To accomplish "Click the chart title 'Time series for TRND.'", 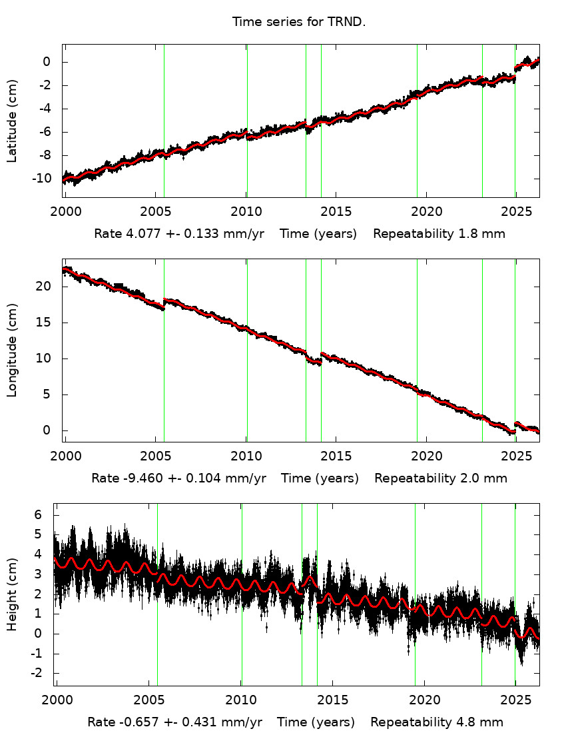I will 299,22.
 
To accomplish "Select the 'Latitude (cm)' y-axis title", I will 12,121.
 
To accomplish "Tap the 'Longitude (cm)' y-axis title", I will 12,351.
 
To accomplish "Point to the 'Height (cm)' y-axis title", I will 12,594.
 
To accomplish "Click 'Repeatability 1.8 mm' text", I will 439,234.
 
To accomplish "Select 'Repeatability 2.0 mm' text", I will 440,478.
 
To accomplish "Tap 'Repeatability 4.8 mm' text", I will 437,722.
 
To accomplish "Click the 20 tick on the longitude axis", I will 48,287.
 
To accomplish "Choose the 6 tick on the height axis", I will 39,515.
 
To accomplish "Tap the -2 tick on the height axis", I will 36,673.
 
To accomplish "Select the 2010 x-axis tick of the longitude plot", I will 246,456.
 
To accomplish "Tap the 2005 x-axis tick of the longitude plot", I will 157,456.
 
